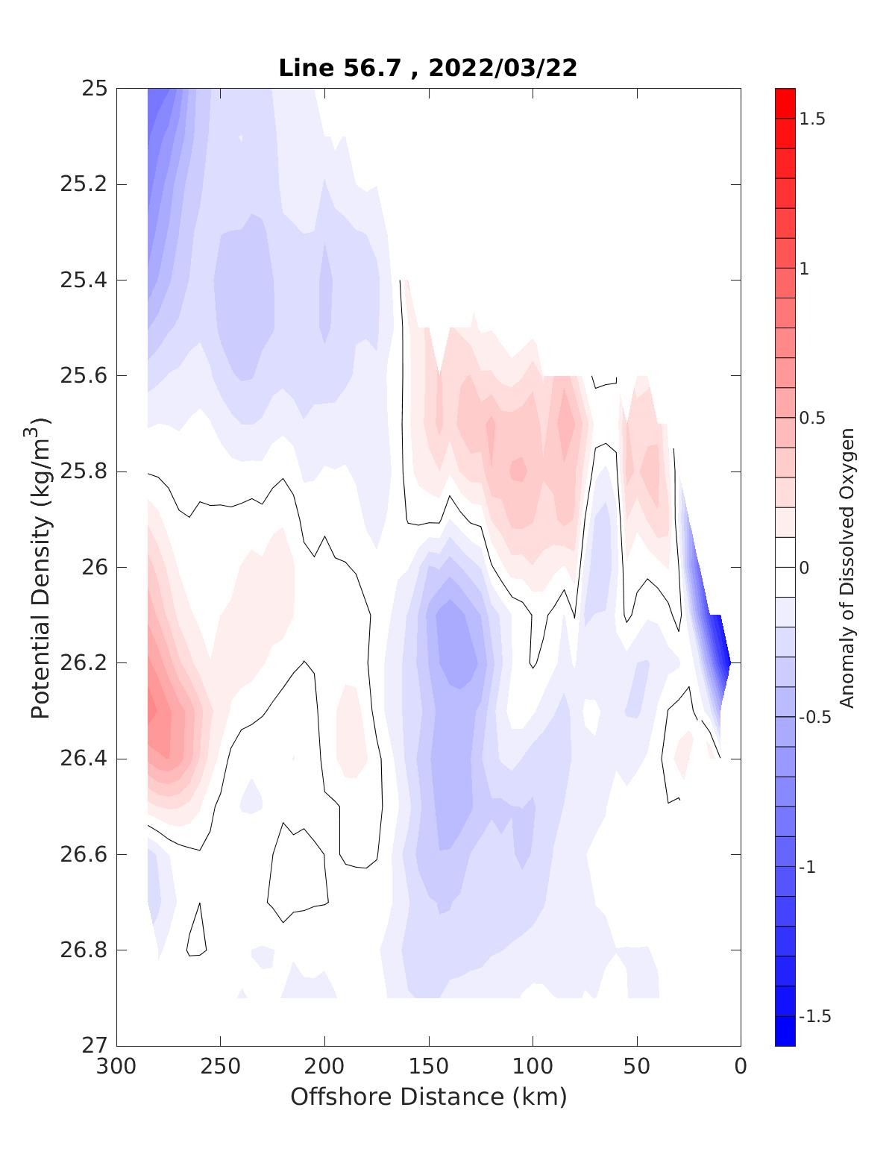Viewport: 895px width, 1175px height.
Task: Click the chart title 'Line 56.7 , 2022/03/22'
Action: (427, 69)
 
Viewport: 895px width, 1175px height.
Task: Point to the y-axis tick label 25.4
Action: (84, 281)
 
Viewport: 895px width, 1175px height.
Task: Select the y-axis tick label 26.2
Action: (84, 663)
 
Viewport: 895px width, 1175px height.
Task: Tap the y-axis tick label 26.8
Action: (84, 950)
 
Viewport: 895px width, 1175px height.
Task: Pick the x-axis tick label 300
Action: (116, 1068)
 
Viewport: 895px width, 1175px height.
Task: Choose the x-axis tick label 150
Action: (428, 1068)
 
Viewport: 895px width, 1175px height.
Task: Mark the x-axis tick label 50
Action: (636, 1068)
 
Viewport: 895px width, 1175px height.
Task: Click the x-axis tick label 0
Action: (740, 1068)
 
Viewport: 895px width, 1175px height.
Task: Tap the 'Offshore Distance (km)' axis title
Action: (428, 1097)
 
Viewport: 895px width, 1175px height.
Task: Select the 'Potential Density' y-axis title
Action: (41, 567)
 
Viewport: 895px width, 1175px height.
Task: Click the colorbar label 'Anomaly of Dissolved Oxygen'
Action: (847, 568)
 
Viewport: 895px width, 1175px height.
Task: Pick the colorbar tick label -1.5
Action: (814, 1017)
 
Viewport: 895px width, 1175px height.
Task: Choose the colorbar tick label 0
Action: (805, 568)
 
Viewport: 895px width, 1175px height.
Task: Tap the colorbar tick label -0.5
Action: (814, 718)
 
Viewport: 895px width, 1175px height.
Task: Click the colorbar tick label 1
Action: (805, 269)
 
